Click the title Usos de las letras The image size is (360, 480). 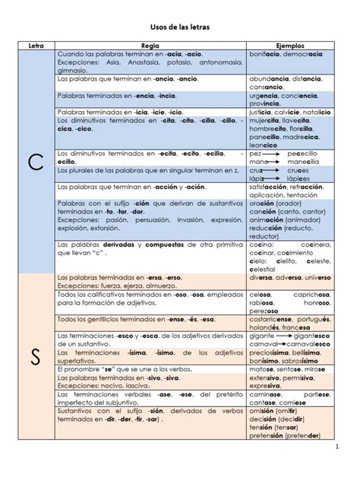[x=180, y=27]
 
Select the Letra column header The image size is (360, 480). [x=36, y=46]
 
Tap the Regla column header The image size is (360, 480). [x=150, y=46]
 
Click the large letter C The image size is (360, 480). [x=36, y=163]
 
